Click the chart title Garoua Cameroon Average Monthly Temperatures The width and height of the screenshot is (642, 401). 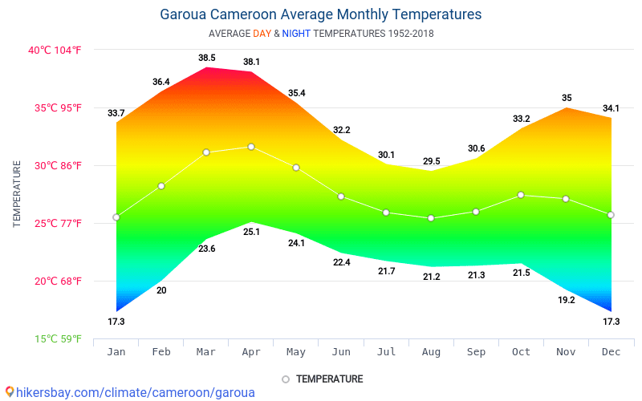coord(321,14)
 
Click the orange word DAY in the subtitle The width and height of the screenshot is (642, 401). coord(262,34)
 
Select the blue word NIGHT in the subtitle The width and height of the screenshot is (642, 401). coord(296,34)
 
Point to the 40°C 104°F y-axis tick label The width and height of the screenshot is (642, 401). coord(55,50)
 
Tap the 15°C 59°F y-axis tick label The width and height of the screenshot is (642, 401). coord(57,338)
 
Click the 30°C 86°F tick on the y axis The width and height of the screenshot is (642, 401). coord(55,165)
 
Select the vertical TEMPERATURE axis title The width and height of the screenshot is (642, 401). coord(17,193)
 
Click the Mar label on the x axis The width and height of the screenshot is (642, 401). coord(206,351)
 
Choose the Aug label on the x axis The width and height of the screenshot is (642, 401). coord(431,351)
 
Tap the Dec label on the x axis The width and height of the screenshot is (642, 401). coord(611,351)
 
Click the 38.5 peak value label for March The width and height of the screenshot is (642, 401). coord(207,58)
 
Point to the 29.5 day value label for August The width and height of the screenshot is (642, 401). coord(432,161)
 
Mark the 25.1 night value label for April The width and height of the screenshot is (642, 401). coord(251,232)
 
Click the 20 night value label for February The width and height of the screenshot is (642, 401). coord(161,290)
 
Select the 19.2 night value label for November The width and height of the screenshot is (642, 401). coord(567,300)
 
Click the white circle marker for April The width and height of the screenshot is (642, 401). coord(251,147)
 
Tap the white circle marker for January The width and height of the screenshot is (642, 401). coord(116,217)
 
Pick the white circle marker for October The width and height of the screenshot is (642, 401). coord(521,195)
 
